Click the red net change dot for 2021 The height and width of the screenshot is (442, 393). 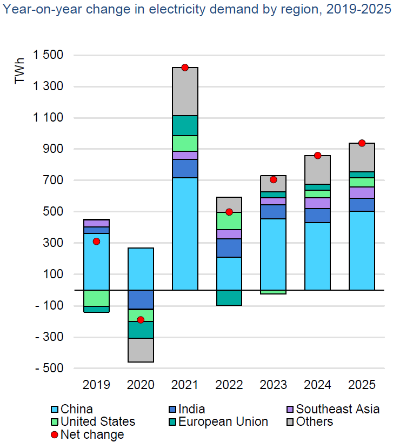(185, 68)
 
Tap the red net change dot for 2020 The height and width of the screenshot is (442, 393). (141, 320)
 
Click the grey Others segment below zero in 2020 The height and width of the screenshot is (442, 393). (141, 350)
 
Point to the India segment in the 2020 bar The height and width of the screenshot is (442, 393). (141, 299)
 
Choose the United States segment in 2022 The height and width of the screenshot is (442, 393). (229, 221)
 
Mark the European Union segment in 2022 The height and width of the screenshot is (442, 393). (229, 298)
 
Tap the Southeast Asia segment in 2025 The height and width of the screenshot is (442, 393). (362, 192)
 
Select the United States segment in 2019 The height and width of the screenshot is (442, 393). (96, 298)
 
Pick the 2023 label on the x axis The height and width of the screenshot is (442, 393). (274, 385)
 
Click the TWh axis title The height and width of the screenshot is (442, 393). (20, 72)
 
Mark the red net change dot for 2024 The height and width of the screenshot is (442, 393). (318, 156)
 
